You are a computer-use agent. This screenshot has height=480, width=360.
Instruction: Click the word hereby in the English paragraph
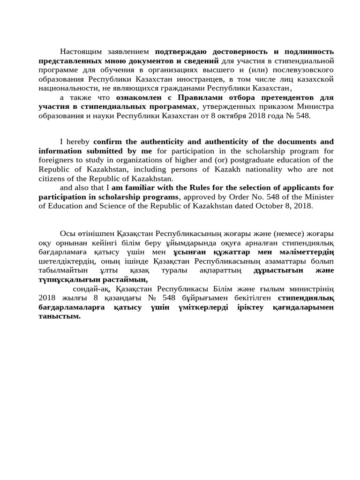pyautogui.click(x=78, y=142)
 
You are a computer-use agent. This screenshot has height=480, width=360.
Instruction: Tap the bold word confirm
pyautogui.click(x=108, y=142)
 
